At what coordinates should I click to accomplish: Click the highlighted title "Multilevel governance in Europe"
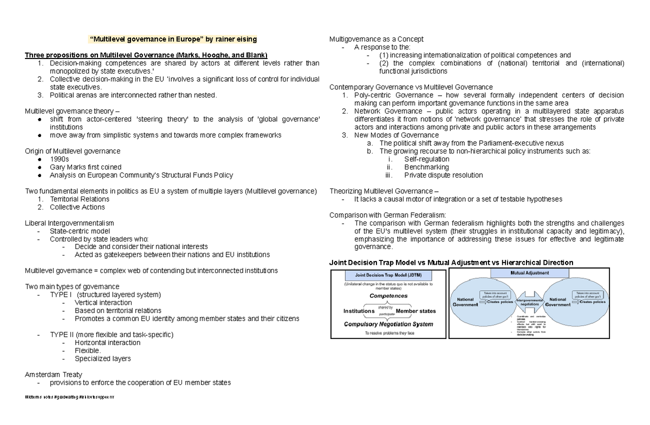click(x=173, y=39)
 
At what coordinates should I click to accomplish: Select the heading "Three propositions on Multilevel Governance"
click(x=146, y=55)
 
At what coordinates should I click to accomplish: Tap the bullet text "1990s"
click(x=60, y=159)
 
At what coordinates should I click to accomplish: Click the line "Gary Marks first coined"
click(x=86, y=167)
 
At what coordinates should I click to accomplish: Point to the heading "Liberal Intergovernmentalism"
click(x=70, y=223)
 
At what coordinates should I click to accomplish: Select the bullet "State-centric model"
click(x=80, y=231)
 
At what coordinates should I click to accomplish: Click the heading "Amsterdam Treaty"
click(x=54, y=375)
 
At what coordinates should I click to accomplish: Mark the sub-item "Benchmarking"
click(x=426, y=167)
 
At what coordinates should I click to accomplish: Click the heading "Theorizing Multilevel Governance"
click(x=383, y=191)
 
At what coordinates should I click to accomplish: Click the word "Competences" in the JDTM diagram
click(x=388, y=296)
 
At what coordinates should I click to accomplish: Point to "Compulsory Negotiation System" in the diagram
click(x=388, y=324)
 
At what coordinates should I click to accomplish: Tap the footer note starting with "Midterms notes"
click(x=70, y=398)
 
